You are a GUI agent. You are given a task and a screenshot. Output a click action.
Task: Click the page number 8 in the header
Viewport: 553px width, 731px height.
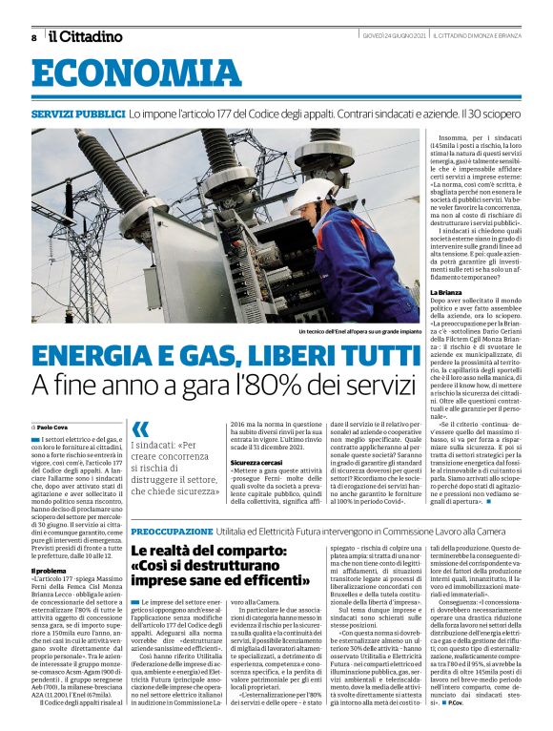tap(33, 37)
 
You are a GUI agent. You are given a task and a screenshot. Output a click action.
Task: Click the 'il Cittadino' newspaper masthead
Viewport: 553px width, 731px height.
tap(86, 36)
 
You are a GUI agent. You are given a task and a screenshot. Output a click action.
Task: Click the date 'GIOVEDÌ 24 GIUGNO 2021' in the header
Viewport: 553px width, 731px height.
tap(394, 36)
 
